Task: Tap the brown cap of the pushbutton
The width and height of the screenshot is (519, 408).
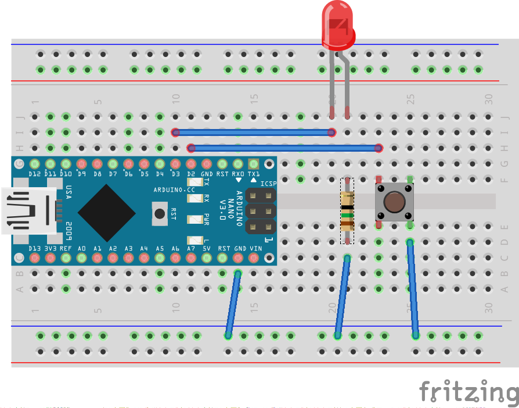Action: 394,202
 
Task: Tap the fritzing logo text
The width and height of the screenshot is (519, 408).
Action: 468,393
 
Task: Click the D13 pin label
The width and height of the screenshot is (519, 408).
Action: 35,248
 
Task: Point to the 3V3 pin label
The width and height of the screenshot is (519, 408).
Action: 50,248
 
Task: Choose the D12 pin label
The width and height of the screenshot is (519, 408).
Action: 35,174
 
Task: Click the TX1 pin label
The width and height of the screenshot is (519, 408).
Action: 254,174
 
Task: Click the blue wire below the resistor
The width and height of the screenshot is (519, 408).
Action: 343,296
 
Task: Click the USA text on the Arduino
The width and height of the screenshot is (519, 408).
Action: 69,192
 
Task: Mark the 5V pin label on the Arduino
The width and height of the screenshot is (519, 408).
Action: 207,248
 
